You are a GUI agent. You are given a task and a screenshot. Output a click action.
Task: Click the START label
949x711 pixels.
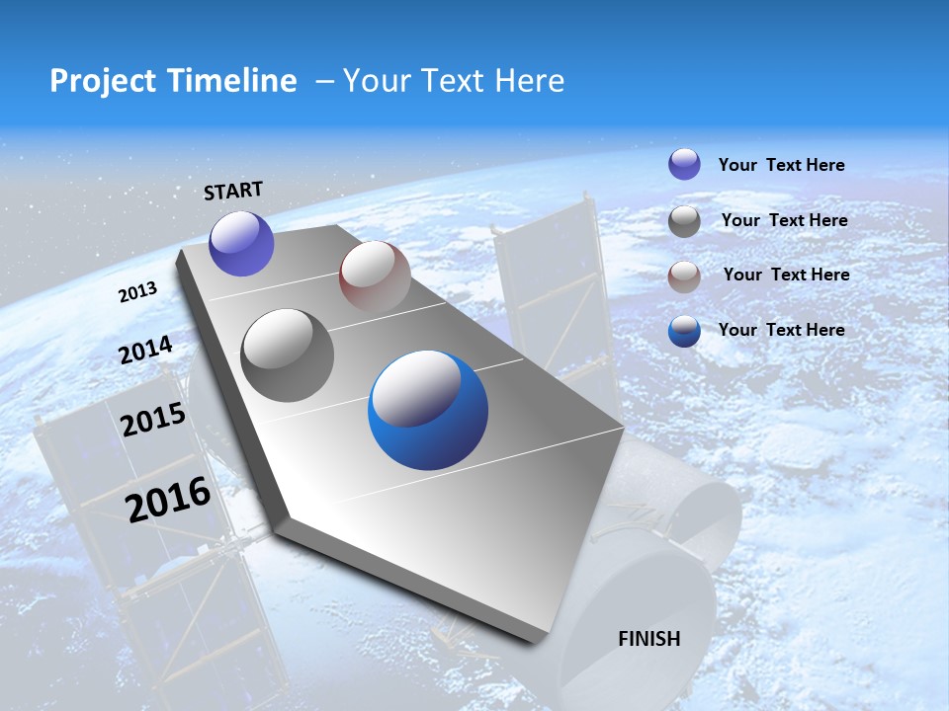[x=233, y=191]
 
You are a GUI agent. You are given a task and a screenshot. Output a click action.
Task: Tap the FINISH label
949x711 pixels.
[x=649, y=638]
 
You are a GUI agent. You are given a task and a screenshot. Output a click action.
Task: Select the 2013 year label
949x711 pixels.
[x=137, y=292]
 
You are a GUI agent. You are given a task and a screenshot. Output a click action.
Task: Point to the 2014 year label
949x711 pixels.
[x=146, y=351]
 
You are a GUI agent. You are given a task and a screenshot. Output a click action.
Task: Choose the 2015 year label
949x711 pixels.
[x=153, y=420]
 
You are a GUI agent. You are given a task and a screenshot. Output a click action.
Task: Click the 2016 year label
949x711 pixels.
[x=168, y=499]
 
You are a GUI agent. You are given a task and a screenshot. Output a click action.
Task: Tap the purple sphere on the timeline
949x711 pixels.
[x=241, y=244]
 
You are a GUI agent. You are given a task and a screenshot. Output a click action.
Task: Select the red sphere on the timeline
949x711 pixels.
[x=375, y=276]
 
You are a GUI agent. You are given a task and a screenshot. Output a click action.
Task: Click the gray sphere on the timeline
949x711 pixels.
[x=288, y=355]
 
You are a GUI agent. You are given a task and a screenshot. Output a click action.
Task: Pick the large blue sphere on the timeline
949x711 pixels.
[x=428, y=410]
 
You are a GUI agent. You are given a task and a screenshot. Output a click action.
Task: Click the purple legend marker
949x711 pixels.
[x=684, y=165]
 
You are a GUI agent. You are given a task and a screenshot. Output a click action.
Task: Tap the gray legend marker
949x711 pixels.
[x=684, y=221]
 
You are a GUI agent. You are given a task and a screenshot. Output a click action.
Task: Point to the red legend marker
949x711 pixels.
[x=684, y=276]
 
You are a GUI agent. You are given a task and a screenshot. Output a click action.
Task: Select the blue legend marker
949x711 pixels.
[x=684, y=331]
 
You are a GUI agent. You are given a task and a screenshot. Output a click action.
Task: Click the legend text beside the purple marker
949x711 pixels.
[x=781, y=165]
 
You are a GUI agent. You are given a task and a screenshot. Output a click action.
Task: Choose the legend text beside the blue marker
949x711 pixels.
[x=781, y=330]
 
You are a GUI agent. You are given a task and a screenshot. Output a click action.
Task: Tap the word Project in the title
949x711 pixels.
[x=99, y=81]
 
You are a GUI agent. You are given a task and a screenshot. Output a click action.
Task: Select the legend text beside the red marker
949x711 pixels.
[x=786, y=275]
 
